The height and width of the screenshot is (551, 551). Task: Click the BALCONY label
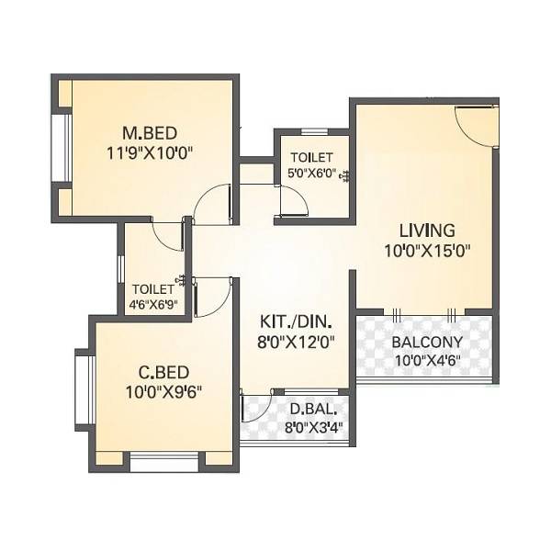point(422,343)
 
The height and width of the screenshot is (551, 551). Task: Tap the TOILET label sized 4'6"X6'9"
point(152,287)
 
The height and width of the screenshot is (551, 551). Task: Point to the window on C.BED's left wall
point(85,389)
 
